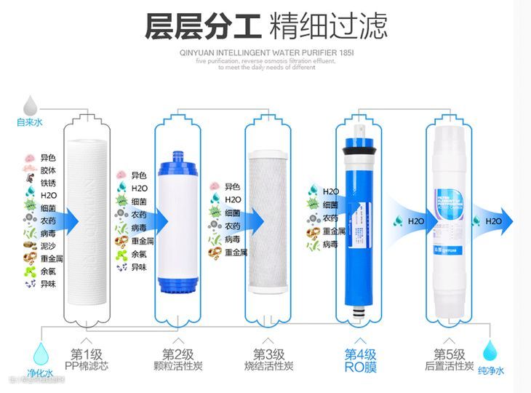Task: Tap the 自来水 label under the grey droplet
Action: (x=30, y=122)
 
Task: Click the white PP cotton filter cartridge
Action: (x=88, y=218)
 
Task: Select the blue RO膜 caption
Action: (x=360, y=367)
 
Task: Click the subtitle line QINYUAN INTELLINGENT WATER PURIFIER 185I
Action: (x=265, y=52)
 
